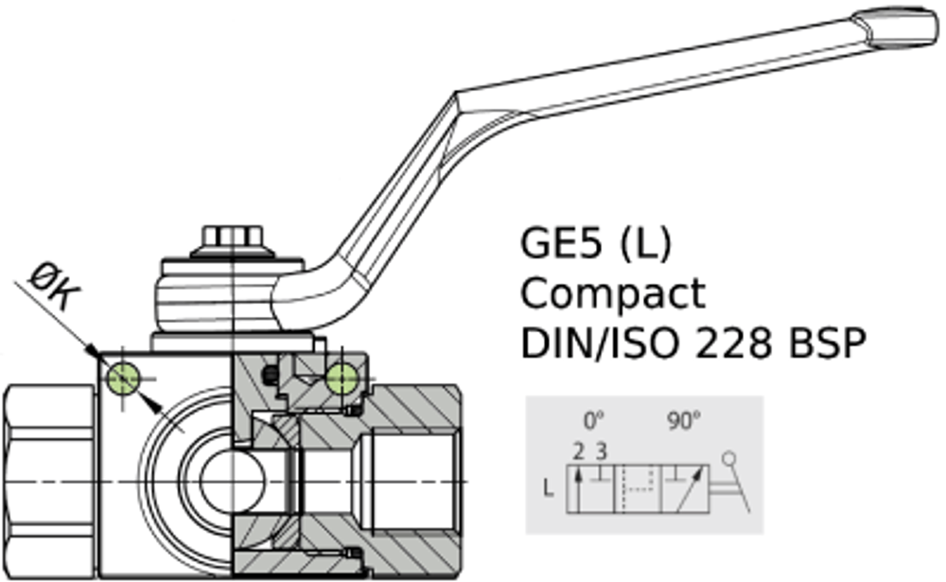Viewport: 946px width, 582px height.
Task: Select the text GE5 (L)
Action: point(596,244)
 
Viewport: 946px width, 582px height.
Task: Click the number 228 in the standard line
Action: point(729,343)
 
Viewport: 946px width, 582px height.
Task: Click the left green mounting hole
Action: point(124,378)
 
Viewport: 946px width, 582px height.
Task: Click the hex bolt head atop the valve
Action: point(233,238)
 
